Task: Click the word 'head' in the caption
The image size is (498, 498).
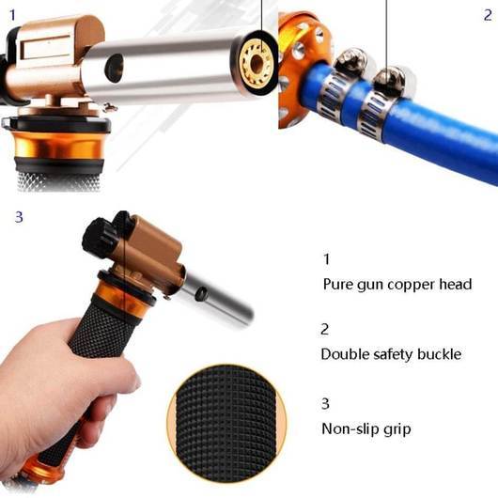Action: click(x=456, y=284)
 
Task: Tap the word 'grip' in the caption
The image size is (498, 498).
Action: click(x=397, y=430)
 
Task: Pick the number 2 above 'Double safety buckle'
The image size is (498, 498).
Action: click(x=324, y=329)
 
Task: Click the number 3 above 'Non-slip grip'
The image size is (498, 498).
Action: click(x=325, y=403)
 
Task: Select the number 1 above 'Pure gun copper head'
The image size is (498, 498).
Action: click(x=327, y=259)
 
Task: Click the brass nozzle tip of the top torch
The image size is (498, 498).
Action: click(x=257, y=63)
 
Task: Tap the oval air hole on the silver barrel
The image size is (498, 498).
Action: click(x=115, y=69)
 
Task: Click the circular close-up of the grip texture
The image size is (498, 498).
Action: click(x=226, y=423)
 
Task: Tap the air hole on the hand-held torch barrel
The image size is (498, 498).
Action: click(x=201, y=294)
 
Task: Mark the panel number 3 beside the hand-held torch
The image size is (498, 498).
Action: click(x=19, y=217)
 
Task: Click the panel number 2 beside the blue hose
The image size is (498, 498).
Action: click(x=488, y=15)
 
